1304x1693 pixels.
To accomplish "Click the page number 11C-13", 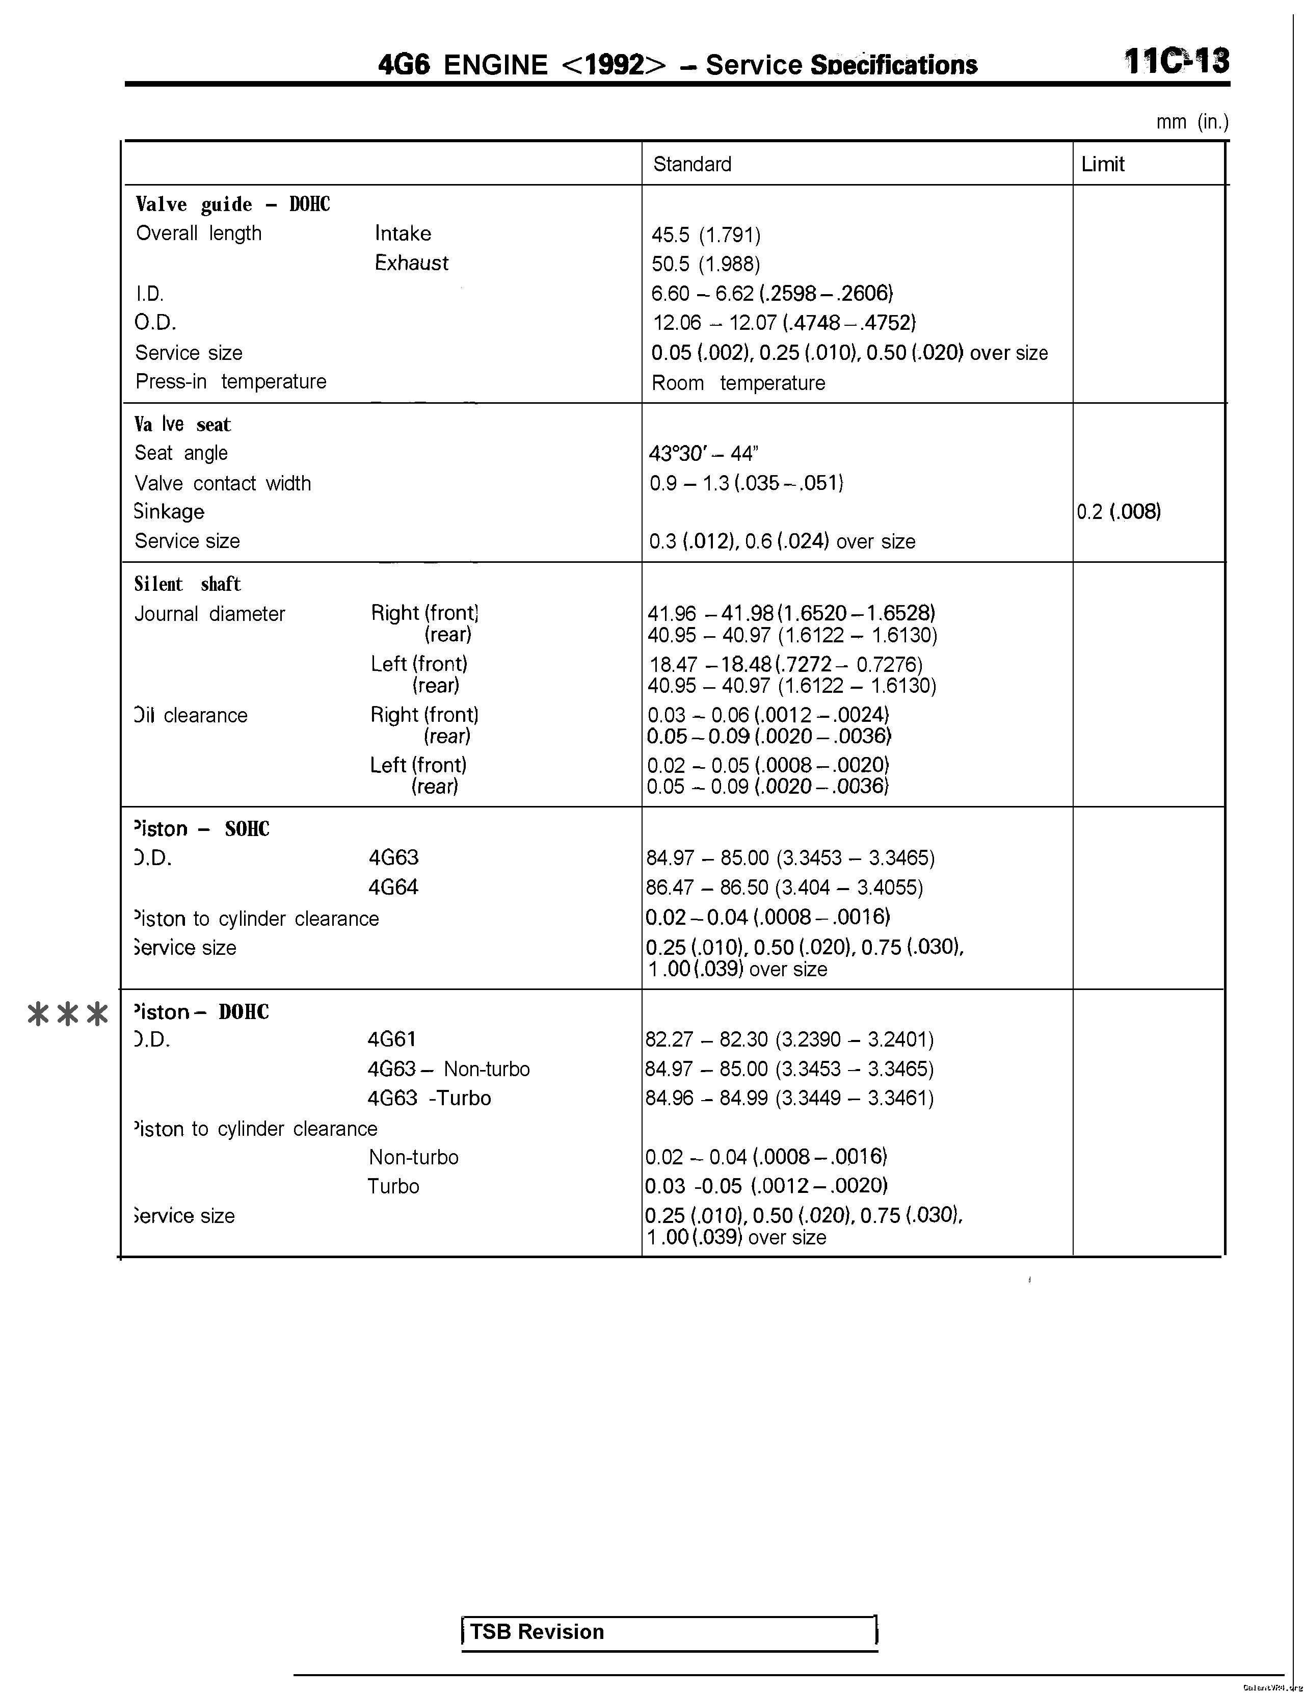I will pyautogui.click(x=1176, y=61).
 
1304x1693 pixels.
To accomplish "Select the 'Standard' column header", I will pyautogui.click(x=692, y=164).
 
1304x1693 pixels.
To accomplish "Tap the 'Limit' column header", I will pyautogui.click(x=1103, y=164).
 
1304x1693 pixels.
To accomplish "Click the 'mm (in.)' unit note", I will pyautogui.click(x=1192, y=122).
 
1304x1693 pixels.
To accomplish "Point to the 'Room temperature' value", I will pyautogui.click(x=738, y=383).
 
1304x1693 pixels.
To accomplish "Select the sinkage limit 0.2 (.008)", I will pyautogui.click(x=1118, y=512).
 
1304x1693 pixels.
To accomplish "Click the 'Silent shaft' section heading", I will pyautogui.click(x=188, y=584).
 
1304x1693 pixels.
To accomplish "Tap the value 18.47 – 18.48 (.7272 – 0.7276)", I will pyautogui.click(x=785, y=664).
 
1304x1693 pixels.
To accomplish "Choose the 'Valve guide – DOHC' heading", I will pyautogui.click(x=232, y=204).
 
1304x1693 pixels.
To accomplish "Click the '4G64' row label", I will pyautogui.click(x=393, y=887).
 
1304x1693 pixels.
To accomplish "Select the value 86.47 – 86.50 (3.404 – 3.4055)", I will pyautogui.click(x=784, y=888).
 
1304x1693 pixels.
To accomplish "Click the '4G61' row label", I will pyautogui.click(x=391, y=1039).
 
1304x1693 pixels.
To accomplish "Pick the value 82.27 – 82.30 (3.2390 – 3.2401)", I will pyautogui.click(x=789, y=1039).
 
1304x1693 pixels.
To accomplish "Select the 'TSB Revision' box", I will pyautogui.click(x=669, y=1632).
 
